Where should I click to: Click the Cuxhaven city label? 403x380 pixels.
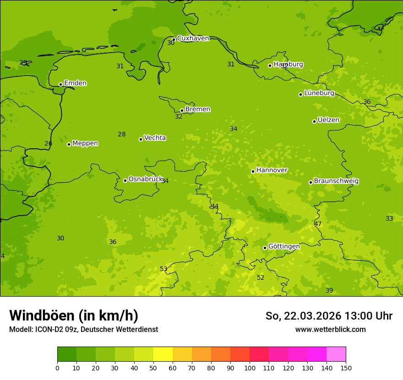click(x=193, y=38)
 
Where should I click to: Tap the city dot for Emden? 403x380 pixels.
click(x=60, y=84)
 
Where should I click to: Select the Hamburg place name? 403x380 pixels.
click(x=288, y=65)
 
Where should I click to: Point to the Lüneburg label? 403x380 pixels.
click(x=319, y=93)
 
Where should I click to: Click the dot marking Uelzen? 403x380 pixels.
click(x=314, y=121)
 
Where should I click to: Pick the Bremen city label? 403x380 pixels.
click(x=197, y=109)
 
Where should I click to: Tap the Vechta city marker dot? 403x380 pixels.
click(x=141, y=139)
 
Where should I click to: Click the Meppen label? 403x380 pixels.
click(x=85, y=143)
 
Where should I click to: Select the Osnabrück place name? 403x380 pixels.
click(x=145, y=179)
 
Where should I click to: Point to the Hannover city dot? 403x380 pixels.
click(x=253, y=171)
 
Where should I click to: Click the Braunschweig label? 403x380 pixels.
click(x=336, y=181)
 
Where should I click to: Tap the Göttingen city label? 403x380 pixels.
click(x=283, y=247)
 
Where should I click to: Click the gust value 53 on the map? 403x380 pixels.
click(x=163, y=269)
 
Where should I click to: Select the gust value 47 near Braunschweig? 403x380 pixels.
click(x=318, y=224)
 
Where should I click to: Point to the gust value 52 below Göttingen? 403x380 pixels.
click(x=261, y=278)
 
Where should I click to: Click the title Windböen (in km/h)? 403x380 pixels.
click(x=74, y=315)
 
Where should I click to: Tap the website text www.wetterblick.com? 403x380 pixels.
click(x=330, y=330)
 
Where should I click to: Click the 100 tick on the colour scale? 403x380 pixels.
click(x=250, y=368)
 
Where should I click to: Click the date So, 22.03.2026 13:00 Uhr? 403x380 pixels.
click(x=329, y=316)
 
